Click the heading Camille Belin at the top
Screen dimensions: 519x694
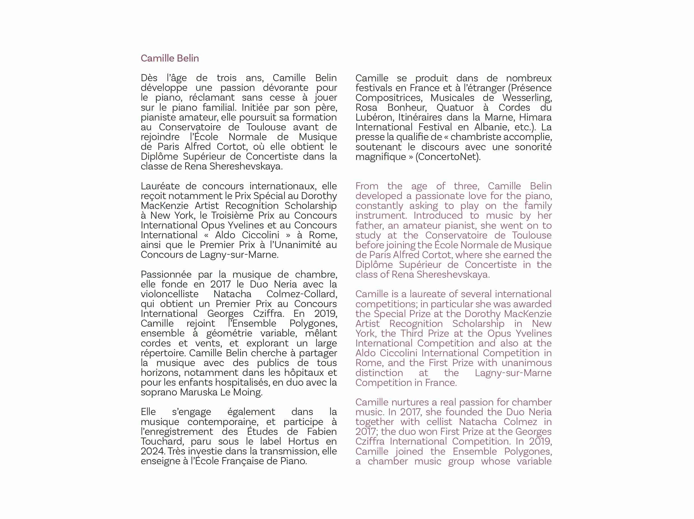click(x=170, y=58)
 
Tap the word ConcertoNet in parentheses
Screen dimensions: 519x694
click(x=447, y=157)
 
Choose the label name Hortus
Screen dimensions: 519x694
click(x=303, y=442)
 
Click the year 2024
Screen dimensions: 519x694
click(x=152, y=451)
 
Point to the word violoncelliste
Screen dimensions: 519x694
click(x=170, y=294)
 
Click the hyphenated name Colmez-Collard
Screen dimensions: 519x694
click(x=301, y=294)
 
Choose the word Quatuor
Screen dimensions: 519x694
click(x=455, y=108)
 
